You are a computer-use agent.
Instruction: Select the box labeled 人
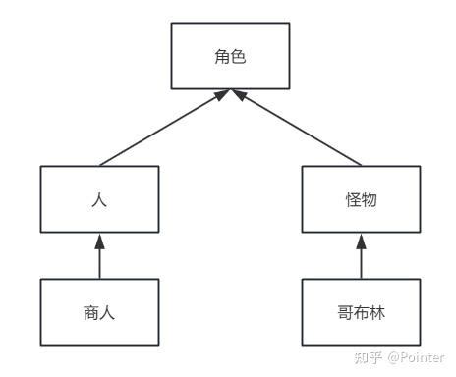[x=99, y=199]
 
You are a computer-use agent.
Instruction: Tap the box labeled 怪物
[x=361, y=199]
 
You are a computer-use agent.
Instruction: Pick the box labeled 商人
[x=99, y=312]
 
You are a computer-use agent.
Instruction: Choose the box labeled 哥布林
[x=361, y=312]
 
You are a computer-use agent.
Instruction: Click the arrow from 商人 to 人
[x=99, y=257]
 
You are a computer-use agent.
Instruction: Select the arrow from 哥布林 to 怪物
[x=361, y=257]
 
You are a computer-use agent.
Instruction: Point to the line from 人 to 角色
[x=162, y=128]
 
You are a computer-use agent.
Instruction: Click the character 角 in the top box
[x=221, y=56]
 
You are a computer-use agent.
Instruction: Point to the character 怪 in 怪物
[x=353, y=199]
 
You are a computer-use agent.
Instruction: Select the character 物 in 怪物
[x=369, y=199]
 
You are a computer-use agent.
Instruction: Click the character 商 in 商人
[x=91, y=313]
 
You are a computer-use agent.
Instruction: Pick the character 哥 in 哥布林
[x=345, y=313]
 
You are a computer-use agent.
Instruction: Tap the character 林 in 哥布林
[x=376, y=313]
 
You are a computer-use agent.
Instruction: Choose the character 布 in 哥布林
[x=361, y=313]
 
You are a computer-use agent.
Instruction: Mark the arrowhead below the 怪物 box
[x=361, y=240]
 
